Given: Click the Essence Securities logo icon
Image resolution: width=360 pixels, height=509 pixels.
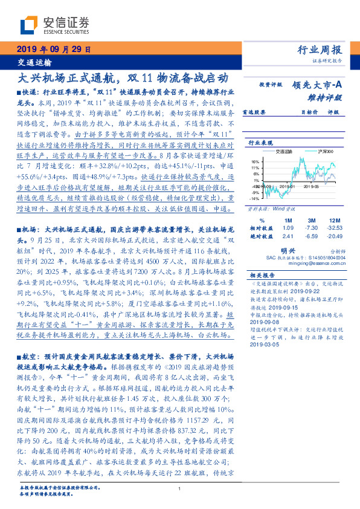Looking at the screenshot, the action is click(30, 25).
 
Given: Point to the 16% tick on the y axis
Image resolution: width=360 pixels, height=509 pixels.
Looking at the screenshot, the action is click(255, 161).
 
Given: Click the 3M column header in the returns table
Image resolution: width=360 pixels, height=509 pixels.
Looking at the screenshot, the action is click(311, 219).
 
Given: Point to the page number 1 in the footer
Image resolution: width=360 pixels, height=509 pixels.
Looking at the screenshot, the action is click(180, 488).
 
